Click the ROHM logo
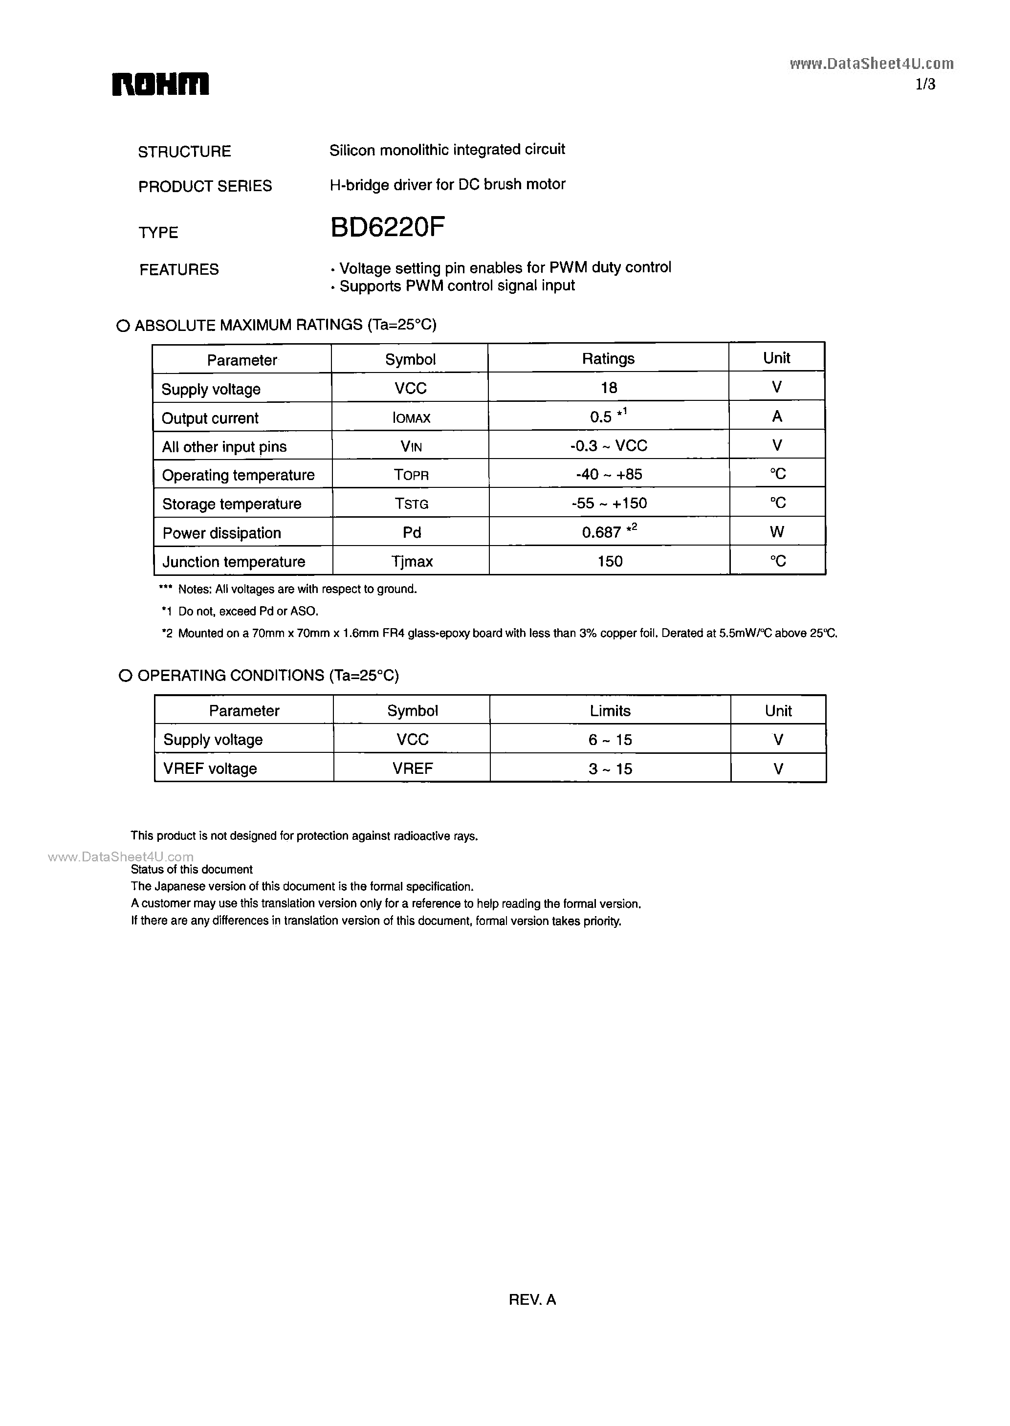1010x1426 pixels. [x=160, y=85]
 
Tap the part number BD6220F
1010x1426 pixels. [x=388, y=229]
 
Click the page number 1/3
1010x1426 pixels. [x=925, y=85]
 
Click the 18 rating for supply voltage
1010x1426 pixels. [x=609, y=388]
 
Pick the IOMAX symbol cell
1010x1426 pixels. [x=411, y=418]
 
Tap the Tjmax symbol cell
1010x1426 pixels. [x=412, y=562]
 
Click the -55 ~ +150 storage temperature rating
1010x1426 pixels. [x=609, y=503]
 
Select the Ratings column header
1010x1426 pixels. [x=608, y=359]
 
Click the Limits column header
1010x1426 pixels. [x=610, y=711]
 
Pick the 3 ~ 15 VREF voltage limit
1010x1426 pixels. [x=610, y=768]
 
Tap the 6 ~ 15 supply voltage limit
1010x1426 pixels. [x=610, y=740]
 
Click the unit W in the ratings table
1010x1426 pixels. [x=777, y=532]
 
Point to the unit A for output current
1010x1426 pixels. [x=777, y=417]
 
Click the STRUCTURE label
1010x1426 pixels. [x=184, y=152]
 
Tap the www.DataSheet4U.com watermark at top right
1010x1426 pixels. [x=871, y=64]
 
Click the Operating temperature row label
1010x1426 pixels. [x=238, y=475]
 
